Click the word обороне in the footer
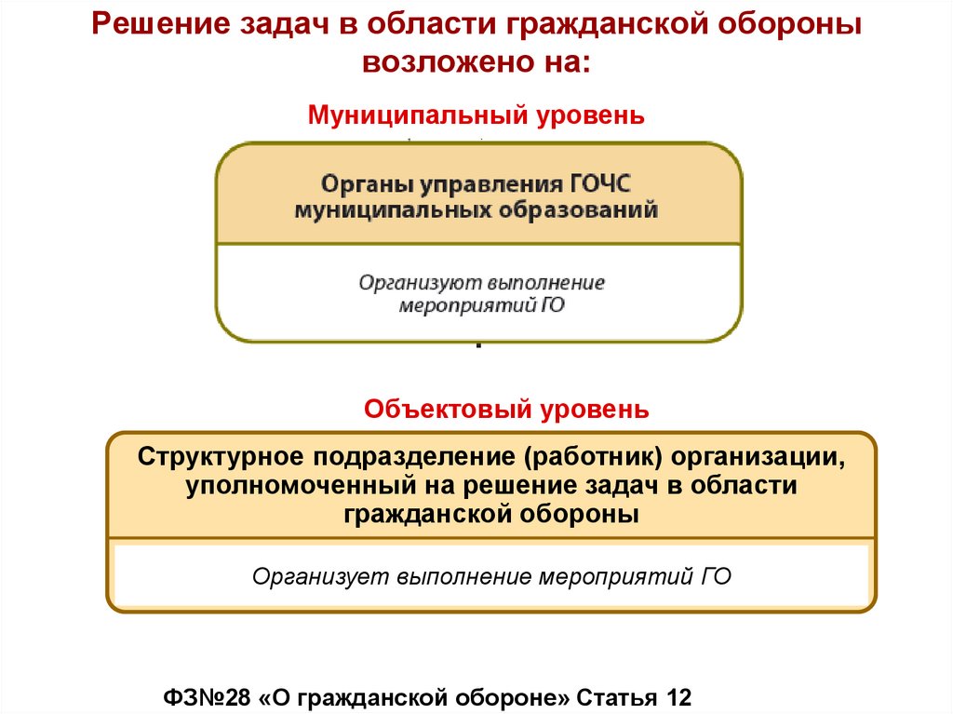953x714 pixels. click(511, 698)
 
